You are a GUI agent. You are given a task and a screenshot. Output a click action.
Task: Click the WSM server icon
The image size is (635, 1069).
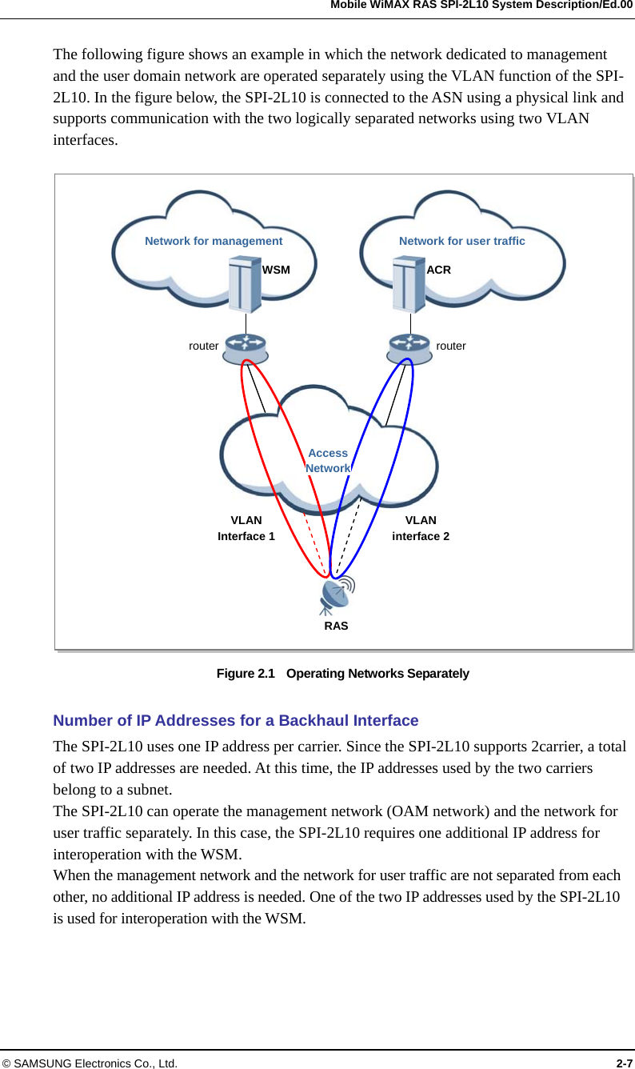coord(245,284)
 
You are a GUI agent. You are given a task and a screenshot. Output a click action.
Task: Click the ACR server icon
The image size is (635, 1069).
coord(409,284)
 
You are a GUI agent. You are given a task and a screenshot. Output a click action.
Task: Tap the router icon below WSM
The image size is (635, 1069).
coord(245,347)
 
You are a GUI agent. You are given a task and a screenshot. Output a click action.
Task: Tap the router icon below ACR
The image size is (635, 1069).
coord(409,347)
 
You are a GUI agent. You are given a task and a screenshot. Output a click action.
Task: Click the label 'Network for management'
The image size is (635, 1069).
coord(214,241)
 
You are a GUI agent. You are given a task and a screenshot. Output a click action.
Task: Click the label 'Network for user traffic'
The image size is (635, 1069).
coord(461,241)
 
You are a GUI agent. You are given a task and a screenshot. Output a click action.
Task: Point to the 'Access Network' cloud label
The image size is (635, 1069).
coord(328,461)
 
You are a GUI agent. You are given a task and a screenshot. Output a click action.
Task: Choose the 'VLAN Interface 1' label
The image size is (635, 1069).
coord(246,528)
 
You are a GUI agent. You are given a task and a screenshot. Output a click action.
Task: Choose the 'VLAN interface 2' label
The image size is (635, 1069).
coord(421,528)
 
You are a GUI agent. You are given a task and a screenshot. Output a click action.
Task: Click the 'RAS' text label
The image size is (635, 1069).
coord(336,626)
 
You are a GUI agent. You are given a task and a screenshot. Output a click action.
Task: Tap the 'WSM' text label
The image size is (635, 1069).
coord(276,270)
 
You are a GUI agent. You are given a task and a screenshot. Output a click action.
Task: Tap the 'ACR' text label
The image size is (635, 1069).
coord(438,270)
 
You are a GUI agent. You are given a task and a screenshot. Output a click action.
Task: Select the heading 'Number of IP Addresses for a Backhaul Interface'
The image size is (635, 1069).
coord(235,720)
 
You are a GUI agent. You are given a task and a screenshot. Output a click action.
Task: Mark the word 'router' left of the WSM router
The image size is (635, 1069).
coord(203,346)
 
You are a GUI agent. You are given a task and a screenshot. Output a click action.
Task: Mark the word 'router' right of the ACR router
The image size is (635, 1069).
coord(451,346)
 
